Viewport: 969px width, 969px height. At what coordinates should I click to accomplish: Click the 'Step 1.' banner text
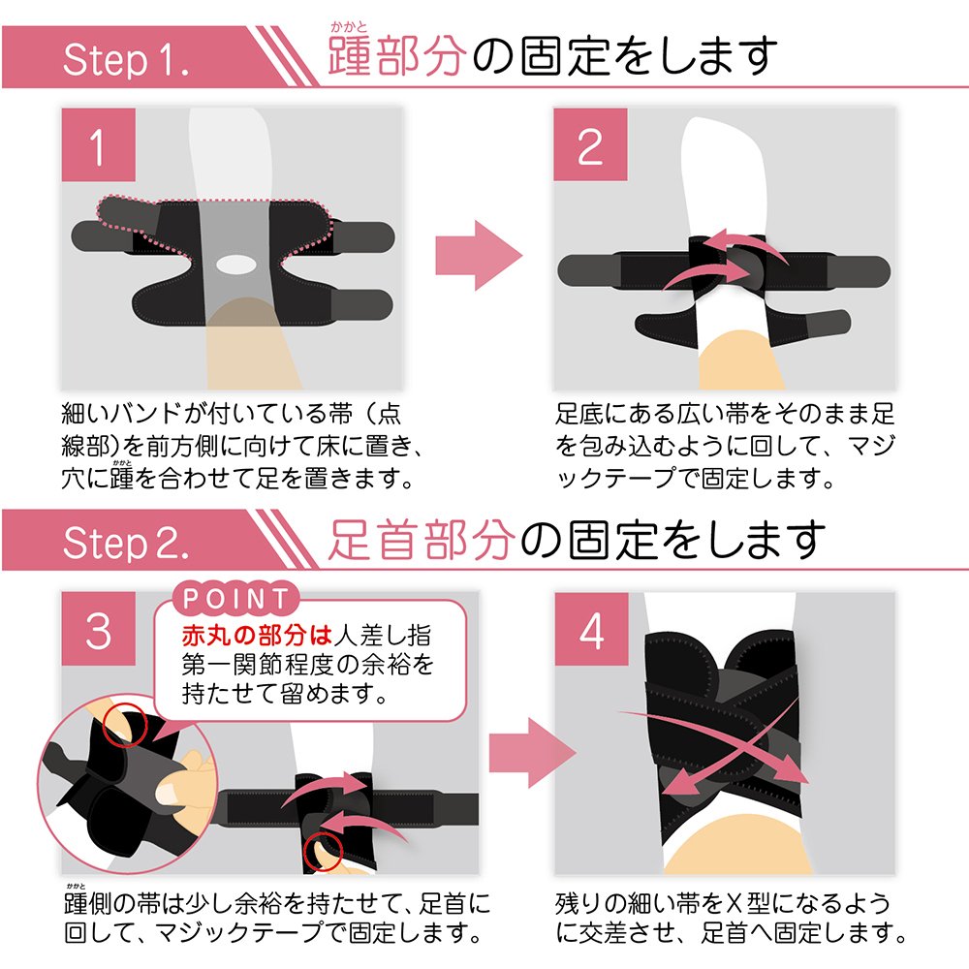click(x=126, y=60)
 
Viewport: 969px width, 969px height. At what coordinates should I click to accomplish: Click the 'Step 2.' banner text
click(x=126, y=544)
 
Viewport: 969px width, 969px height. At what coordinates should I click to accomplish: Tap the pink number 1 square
click(x=98, y=144)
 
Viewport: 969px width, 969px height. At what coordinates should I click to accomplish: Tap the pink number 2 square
click(x=590, y=144)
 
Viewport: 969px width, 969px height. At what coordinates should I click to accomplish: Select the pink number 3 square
click(x=98, y=629)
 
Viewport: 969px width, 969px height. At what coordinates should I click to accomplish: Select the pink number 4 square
click(x=591, y=629)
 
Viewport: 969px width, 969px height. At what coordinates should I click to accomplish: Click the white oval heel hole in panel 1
click(x=236, y=265)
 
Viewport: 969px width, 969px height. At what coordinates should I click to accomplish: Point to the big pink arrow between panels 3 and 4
click(x=532, y=753)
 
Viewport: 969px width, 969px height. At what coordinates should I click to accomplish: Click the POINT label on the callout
click(x=235, y=598)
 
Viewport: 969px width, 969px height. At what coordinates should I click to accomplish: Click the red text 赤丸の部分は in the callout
click(x=257, y=635)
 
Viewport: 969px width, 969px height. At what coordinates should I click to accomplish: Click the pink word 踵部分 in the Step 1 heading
click(x=396, y=55)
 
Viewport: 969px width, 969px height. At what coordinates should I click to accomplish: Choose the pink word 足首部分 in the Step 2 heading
click(x=421, y=540)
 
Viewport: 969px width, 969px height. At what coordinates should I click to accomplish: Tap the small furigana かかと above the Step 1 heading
click(x=349, y=26)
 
